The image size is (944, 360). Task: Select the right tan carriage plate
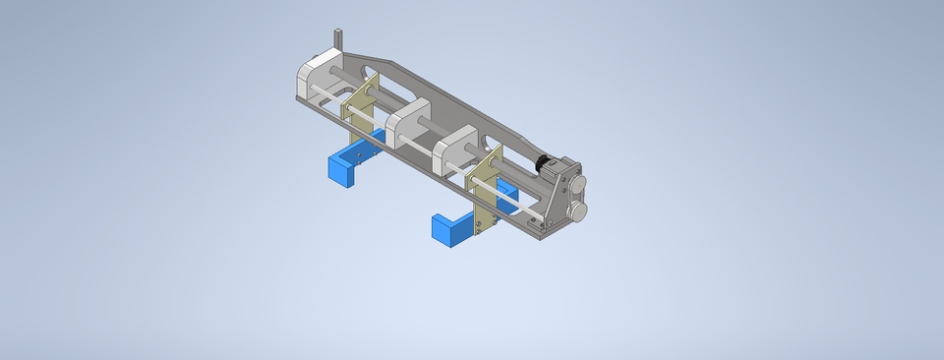(x=484, y=187)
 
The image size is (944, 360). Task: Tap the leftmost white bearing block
(x=316, y=79)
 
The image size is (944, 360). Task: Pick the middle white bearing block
(x=405, y=124)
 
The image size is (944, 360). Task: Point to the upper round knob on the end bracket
(x=577, y=183)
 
